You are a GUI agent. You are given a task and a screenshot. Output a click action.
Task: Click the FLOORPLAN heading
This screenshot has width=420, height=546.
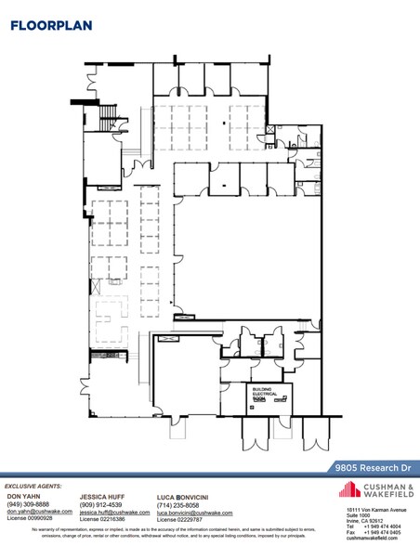point(51,25)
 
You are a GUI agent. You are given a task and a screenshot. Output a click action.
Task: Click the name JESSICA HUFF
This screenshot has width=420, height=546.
point(102,497)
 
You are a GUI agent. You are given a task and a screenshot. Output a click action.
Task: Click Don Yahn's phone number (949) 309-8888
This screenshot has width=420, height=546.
point(28,504)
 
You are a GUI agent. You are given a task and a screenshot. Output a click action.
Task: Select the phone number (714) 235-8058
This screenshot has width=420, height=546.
point(178,504)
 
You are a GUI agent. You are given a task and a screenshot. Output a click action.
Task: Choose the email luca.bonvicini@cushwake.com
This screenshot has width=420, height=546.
point(194,512)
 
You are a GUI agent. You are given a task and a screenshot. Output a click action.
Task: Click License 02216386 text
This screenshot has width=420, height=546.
point(104,519)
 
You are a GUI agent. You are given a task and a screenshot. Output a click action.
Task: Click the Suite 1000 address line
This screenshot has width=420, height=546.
point(358,515)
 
